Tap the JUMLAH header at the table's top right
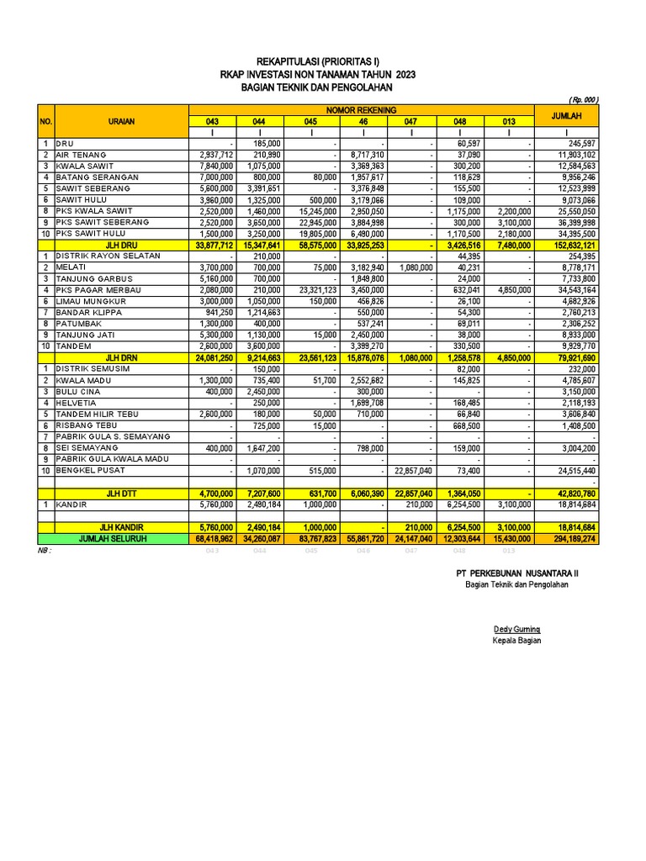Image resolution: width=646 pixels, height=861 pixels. tap(567, 115)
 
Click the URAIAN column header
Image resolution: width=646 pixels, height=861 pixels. tap(120, 121)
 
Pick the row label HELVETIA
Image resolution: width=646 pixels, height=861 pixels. tap(76, 403)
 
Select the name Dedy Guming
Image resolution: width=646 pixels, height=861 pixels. tap(516, 629)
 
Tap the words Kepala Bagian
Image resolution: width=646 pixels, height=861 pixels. tap(516, 641)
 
